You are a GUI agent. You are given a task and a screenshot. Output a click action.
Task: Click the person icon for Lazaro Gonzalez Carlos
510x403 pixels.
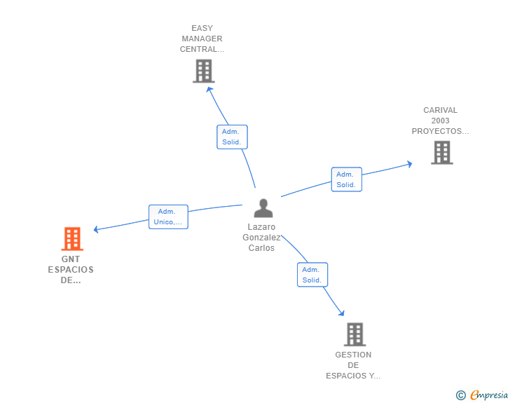(263, 208)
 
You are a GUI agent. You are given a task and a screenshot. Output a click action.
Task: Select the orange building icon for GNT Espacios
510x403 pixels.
(71, 239)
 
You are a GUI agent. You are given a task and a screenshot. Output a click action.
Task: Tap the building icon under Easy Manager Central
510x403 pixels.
(203, 71)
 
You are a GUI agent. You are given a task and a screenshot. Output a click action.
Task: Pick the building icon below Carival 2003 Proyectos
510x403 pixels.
(441, 152)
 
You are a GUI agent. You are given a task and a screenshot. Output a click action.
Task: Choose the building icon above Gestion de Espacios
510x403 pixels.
(354, 334)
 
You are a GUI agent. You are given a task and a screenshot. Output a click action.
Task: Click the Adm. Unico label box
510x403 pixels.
(169, 217)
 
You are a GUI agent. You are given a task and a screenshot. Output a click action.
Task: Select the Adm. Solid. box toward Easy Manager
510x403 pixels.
(232, 137)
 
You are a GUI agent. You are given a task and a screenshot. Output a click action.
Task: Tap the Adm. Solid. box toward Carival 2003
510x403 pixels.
(346, 179)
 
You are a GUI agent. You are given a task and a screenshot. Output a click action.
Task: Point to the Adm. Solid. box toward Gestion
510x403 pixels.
(312, 275)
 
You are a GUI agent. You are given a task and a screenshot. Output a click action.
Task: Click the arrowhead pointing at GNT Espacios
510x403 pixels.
(97, 229)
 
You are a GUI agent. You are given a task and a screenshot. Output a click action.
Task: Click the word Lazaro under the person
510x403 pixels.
(261, 227)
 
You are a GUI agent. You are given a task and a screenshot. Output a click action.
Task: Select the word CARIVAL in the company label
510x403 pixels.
(440, 110)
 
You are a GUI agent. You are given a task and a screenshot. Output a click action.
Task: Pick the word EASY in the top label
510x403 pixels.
(202, 29)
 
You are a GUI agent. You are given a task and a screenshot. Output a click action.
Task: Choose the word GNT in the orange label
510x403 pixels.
(71, 259)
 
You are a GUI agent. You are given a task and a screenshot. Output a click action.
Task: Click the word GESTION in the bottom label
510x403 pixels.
(353, 355)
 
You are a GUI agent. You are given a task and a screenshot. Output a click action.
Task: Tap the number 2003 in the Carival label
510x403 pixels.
(440, 121)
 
